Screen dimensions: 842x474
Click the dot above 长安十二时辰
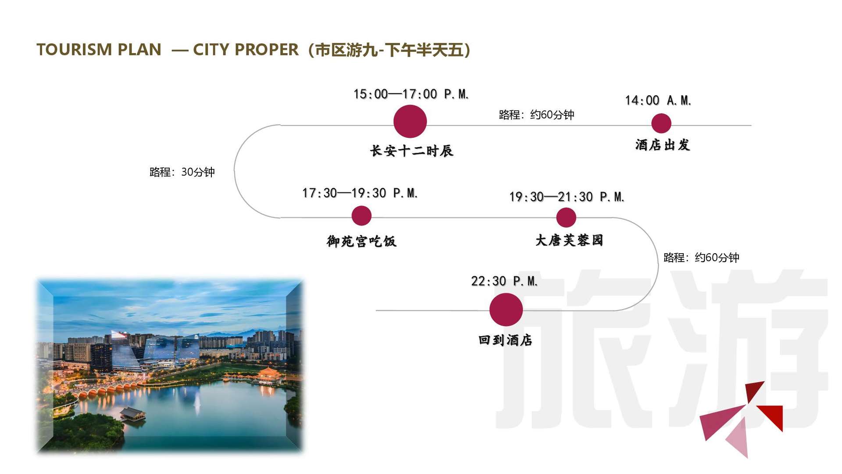410,121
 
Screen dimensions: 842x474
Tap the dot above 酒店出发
661,123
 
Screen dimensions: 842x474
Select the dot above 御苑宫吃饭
361,216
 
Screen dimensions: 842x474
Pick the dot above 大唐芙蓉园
566,218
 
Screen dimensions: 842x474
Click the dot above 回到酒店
506,309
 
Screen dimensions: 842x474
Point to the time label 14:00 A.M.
658,101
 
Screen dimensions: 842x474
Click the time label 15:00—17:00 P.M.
411,94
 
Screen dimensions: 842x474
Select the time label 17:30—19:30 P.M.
360,193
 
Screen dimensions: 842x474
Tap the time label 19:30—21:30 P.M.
567,197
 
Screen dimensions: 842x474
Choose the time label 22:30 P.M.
504,281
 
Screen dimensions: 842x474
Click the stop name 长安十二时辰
412,151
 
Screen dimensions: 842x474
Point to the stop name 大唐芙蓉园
569,240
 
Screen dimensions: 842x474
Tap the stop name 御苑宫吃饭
362,241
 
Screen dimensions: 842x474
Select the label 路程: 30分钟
182,172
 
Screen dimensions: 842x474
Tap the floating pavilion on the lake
132,414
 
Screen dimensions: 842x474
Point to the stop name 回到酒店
505,340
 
